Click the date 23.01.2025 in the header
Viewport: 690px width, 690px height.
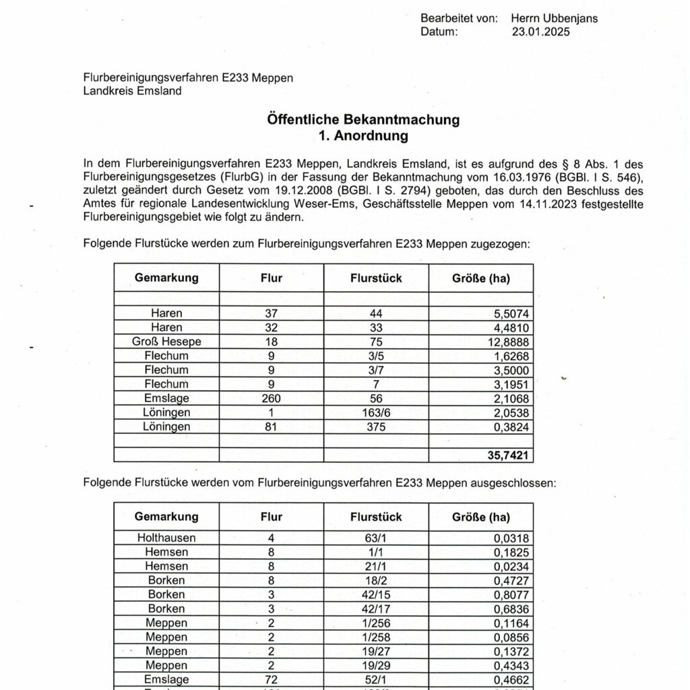(x=540, y=31)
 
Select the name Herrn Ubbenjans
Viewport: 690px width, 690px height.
(x=554, y=18)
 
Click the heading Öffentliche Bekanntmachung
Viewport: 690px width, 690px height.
(x=363, y=120)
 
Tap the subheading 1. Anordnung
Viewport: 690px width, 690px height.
(x=363, y=135)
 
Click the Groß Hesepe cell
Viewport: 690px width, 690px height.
(x=166, y=342)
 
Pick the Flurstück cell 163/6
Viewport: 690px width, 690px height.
(x=376, y=412)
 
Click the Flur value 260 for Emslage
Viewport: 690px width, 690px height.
(x=271, y=398)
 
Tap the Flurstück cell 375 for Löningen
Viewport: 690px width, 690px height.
(x=376, y=427)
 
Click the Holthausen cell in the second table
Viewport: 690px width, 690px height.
(x=166, y=538)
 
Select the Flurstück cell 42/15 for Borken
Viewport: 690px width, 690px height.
(x=376, y=594)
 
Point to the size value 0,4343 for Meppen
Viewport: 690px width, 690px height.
(x=510, y=665)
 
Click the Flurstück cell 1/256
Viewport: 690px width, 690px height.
(x=376, y=623)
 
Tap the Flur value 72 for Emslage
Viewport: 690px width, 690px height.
(x=271, y=679)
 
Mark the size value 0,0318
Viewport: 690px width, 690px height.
(x=510, y=538)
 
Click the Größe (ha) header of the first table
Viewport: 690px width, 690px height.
(x=480, y=278)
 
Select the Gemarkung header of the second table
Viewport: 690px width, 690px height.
(x=166, y=517)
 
